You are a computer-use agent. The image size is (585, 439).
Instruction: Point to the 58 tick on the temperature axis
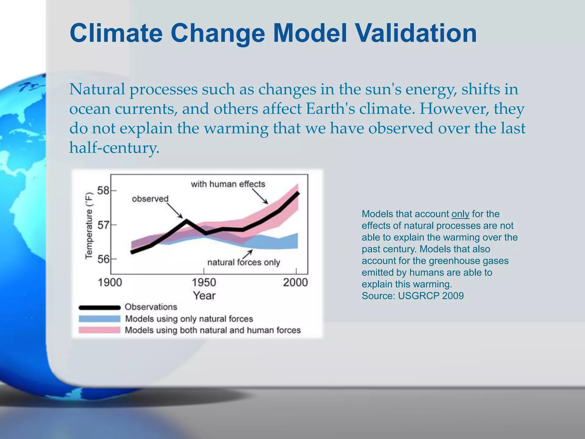(103, 190)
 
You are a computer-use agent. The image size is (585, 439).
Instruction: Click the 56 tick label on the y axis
(103, 259)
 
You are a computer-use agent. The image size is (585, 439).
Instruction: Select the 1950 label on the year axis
(204, 283)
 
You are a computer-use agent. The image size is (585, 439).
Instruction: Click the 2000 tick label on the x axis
(295, 283)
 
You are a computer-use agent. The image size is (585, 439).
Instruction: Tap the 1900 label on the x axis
(110, 283)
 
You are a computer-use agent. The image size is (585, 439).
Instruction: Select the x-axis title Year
(204, 296)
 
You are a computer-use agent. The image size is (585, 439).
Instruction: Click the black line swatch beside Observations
(99, 308)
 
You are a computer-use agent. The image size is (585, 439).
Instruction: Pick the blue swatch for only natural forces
(99, 319)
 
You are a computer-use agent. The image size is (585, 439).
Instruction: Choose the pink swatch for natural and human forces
(99, 330)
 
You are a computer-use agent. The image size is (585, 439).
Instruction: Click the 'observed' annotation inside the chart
(150, 199)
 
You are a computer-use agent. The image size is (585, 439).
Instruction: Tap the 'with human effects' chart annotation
(228, 184)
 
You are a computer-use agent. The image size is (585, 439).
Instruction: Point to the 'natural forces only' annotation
(243, 262)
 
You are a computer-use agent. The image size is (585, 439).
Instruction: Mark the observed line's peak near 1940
(186, 220)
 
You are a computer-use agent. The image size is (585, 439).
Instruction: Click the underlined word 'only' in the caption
(460, 214)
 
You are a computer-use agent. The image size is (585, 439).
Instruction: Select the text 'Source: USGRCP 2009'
(412, 296)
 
